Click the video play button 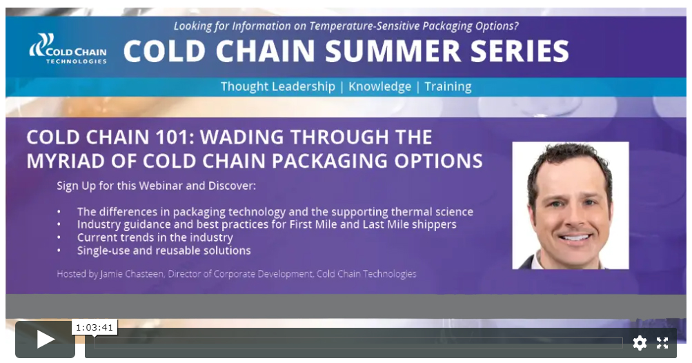(46, 339)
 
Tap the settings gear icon (640, 342)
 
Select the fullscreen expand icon (662, 342)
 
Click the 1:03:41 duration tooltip (95, 327)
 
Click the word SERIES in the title (514, 51)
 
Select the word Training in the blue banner (448, 87)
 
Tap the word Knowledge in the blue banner (379, 87)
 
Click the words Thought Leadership (277, 87)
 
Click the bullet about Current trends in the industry (155, 237)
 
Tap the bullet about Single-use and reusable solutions (164, 251)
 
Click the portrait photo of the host (570, 205)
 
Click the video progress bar (358, 343)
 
